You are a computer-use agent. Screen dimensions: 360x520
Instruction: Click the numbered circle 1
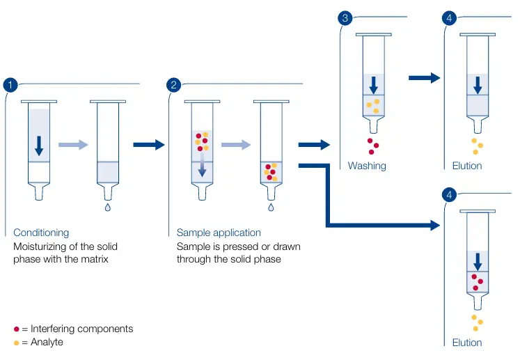[10, 85]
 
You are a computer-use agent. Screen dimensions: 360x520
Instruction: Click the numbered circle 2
[174, 85]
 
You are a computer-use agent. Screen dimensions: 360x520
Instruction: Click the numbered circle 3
[345, 18]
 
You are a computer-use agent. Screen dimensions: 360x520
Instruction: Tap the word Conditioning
[41, 233]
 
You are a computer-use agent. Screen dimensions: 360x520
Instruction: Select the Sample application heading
[219, 233]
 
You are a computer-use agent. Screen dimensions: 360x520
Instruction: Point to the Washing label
[367, 166]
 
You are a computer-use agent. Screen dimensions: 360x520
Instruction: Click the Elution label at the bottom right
[467, 343]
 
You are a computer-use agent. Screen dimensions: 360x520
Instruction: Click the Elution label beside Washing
[467, 166]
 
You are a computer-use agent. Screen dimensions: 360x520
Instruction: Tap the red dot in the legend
[17, 329]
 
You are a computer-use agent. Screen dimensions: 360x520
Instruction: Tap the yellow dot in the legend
[17, 343]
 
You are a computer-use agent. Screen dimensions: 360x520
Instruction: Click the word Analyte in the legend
[47, 343]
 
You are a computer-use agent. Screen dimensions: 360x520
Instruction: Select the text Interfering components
[81, 329]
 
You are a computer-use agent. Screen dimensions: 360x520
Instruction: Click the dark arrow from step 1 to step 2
[148, 145]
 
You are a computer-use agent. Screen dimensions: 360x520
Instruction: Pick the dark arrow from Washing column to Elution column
[424, 78]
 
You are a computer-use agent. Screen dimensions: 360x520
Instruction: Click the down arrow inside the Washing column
[374, 84]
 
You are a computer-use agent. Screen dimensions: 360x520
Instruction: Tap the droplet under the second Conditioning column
[107, 207]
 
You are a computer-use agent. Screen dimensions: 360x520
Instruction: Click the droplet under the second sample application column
[271, 207]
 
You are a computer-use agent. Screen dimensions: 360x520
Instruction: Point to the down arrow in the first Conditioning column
[39, 145]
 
